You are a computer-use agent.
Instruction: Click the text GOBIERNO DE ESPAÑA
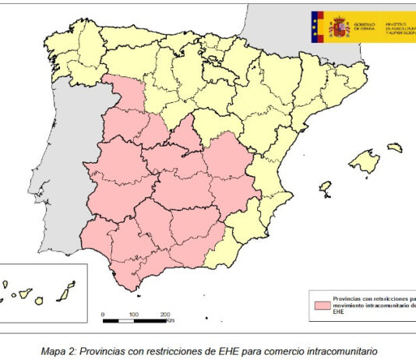tap(365, 29)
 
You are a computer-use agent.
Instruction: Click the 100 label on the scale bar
tap(134, 314)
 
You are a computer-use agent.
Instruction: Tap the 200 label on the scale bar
tap(165, 314)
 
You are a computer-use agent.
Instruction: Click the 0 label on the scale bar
tap(104, 314)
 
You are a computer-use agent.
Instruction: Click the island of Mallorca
tap(365, 163)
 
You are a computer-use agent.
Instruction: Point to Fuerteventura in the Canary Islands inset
tap(68, 290)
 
